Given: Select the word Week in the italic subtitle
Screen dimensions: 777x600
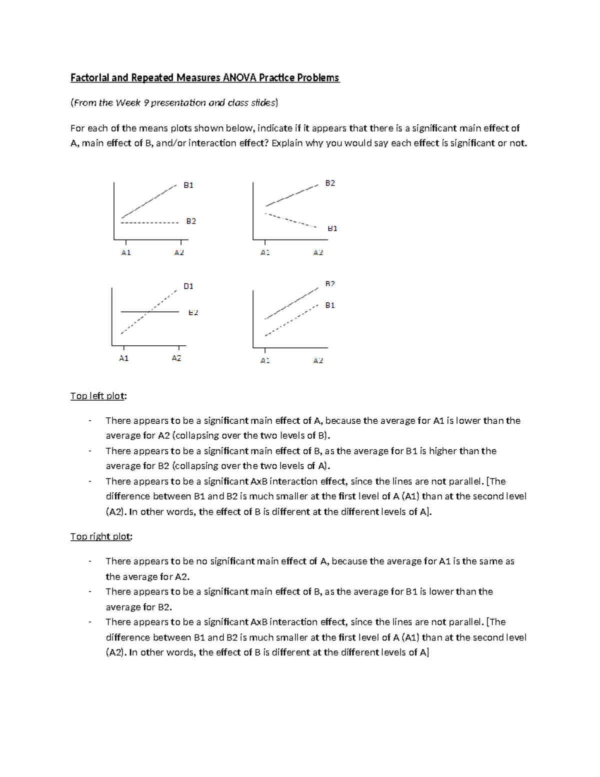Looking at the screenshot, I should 128,103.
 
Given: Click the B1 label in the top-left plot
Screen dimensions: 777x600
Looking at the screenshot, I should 188,185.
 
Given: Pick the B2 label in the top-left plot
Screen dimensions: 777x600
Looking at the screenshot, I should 191,221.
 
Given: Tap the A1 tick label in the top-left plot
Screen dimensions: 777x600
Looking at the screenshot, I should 126,253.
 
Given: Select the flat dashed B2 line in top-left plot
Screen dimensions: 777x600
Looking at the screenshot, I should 150,222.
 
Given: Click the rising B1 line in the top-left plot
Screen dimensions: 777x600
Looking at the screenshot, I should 149,202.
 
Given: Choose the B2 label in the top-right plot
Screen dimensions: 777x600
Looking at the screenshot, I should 330,183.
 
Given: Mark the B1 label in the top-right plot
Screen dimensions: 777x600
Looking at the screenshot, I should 332,229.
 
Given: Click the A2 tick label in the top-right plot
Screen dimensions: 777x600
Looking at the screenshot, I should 318,253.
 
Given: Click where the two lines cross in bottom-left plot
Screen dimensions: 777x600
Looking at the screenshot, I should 148,312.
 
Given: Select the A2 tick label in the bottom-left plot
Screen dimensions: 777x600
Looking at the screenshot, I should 176,358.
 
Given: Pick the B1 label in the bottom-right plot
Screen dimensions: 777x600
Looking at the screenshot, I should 330,305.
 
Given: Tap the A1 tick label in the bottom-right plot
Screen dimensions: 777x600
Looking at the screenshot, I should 265,361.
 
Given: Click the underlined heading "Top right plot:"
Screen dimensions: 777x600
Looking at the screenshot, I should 101,536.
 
